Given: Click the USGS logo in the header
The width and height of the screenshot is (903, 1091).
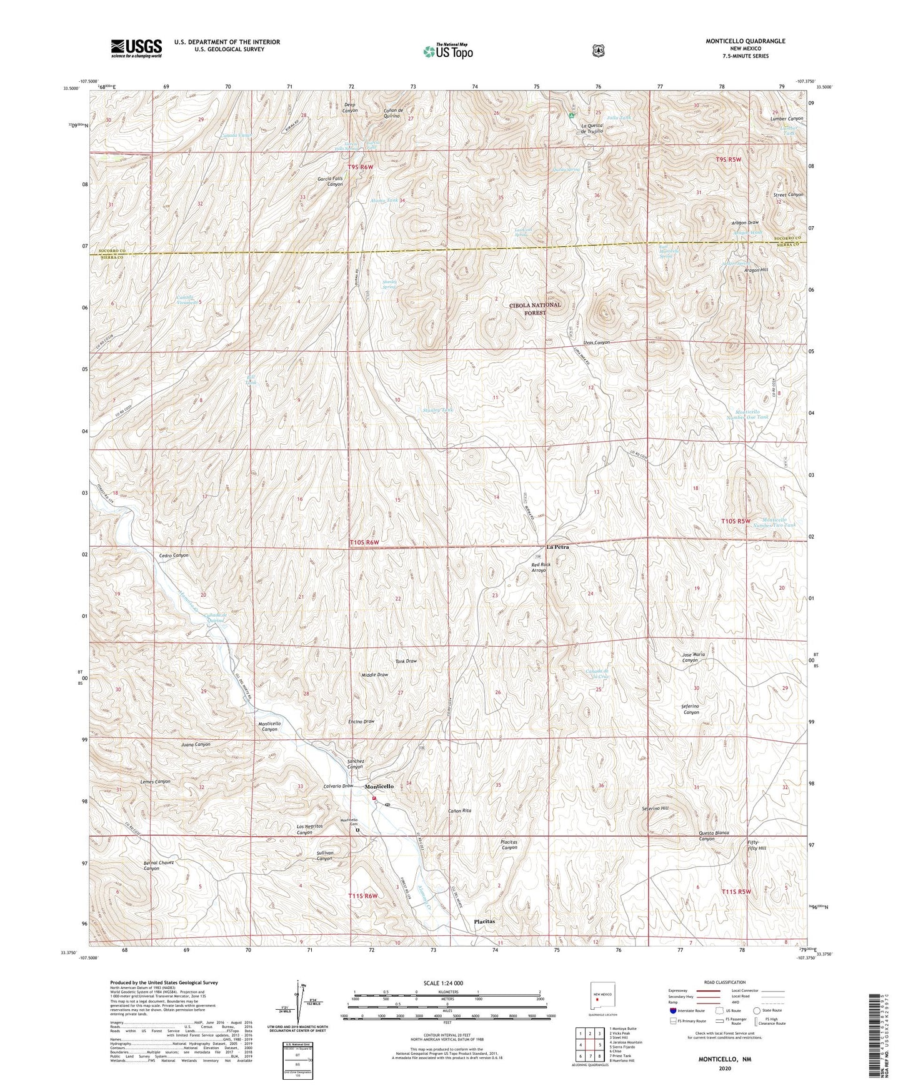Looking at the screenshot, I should point(136,47).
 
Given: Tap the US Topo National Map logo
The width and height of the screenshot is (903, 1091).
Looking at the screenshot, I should point(447,51).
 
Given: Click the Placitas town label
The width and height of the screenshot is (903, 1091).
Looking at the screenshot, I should point(484,921).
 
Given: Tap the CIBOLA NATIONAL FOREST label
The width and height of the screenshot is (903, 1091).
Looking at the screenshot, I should point(534,309).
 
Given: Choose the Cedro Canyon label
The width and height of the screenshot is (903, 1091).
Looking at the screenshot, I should point(174,555).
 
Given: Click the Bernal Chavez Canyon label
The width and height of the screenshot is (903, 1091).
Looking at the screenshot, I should point(159,865).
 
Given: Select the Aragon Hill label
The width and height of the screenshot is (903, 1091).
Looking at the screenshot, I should point(756,269).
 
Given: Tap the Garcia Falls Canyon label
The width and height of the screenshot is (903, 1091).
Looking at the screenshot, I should point(330,181).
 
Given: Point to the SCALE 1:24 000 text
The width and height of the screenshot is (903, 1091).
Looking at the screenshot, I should point(443,983).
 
